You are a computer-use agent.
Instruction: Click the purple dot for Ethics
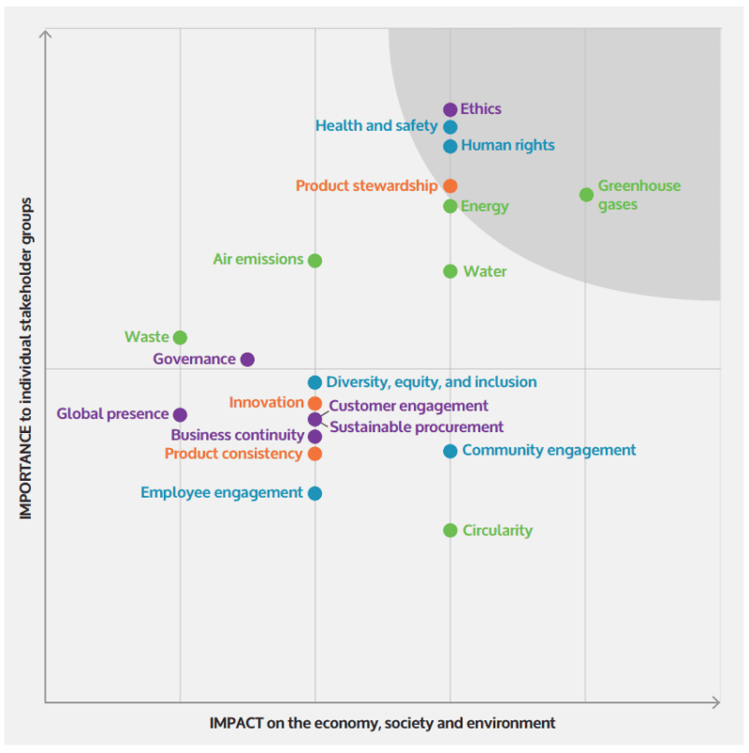[x=450, y=109]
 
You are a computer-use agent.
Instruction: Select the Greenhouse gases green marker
[x=586, y=195]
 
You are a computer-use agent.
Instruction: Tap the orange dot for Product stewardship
[x=450, y=186]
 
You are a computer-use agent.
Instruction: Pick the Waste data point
[x=180, y=338]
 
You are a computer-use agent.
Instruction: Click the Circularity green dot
[x=450, y=530]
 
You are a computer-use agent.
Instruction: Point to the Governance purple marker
[x=247, y=359]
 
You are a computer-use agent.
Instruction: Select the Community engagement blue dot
[x=450, y=451]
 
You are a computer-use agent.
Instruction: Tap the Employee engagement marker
[x=315, y=493]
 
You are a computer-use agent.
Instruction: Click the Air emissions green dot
[x=315, y=260]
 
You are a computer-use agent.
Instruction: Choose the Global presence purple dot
[x=180, y=414]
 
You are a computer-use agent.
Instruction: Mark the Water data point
[x=450, y=271]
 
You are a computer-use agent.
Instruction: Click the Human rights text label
[x=507, y=146]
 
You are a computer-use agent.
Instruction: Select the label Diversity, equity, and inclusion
[x=432, y=382]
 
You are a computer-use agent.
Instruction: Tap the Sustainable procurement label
[x=417, y=427]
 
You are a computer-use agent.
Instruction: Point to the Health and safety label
[x=376, y=125]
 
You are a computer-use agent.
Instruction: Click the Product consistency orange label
[x=233, y=454]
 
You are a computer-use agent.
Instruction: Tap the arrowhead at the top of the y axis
[x=45, y=35]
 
